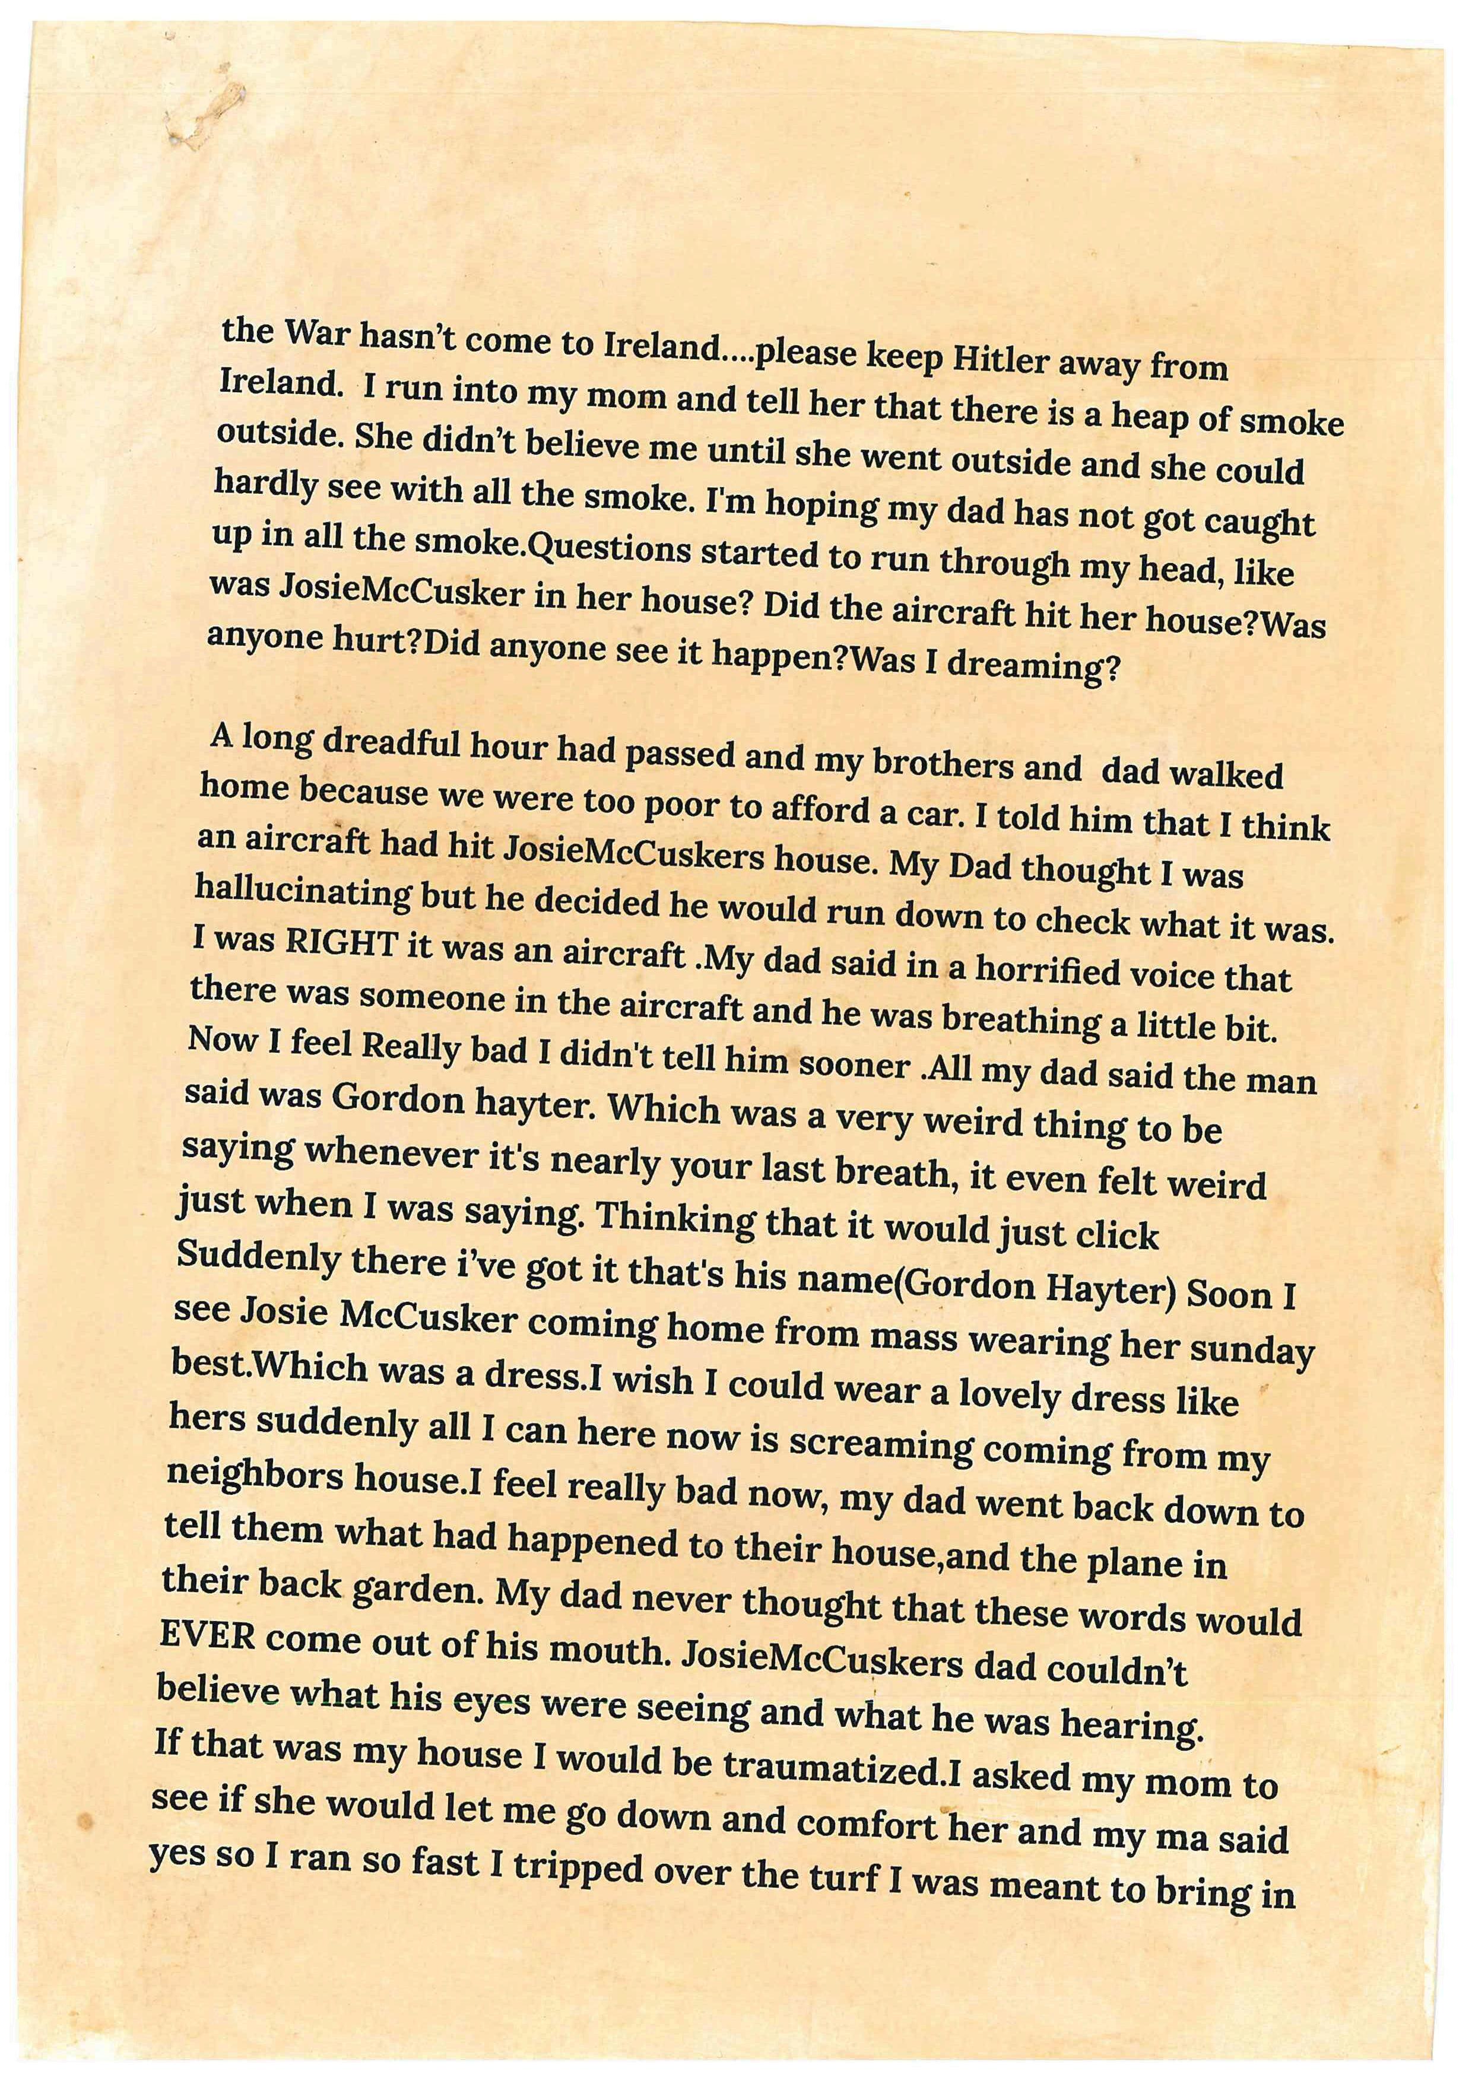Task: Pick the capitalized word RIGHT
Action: point(340,945)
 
